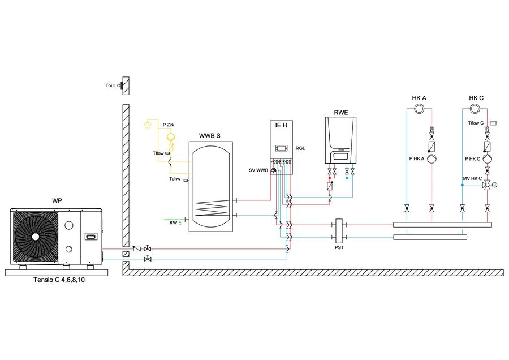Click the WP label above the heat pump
(57, 200)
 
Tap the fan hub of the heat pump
(36, 237)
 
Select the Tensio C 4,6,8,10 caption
(59, 280)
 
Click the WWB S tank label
(210, 136)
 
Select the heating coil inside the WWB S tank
(212, 208)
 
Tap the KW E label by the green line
(175, 223)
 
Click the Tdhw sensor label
(175, 179)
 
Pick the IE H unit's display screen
(281, 148)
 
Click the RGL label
(300, 148)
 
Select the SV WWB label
(258, 170)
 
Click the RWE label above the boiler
(341, 113)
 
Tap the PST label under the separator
(339, 247)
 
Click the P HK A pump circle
(432, 158)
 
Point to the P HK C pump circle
(487, 159)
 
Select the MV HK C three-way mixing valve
(487, 185)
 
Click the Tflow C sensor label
(476, 123)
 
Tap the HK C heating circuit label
(476, 98)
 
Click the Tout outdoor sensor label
(110, 85)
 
